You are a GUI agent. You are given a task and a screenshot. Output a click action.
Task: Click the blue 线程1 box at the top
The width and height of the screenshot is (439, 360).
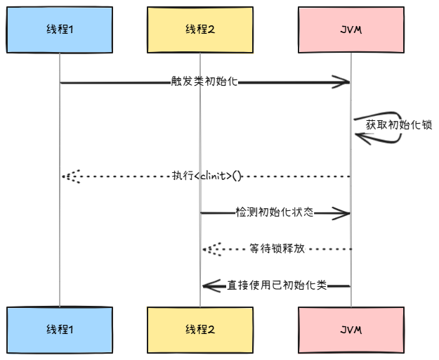[60, 30]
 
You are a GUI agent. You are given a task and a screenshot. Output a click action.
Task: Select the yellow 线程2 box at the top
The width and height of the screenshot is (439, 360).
[199, 30]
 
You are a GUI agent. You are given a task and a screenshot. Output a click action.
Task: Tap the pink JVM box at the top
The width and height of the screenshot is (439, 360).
[350, 30]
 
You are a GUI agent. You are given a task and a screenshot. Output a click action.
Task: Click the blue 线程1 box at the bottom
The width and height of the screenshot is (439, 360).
[60, 329]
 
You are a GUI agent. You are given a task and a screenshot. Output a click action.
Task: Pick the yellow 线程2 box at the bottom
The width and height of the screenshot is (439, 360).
[199, 329]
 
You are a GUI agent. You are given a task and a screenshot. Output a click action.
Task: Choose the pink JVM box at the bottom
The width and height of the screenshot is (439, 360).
[350, 329]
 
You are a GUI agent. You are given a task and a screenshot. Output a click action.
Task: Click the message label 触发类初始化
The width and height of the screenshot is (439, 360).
[204, 82]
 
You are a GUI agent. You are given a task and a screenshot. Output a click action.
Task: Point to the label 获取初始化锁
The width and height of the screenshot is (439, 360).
[398, 124]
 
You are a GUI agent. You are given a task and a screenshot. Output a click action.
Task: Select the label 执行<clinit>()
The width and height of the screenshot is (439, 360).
[207, 176]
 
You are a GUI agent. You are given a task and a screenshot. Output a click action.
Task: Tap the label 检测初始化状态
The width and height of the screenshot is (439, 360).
[275, 212]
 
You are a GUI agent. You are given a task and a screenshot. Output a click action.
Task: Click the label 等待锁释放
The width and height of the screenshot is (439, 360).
[277, 249]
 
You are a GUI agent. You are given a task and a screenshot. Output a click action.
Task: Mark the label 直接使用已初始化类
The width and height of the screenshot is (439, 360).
[277, 285]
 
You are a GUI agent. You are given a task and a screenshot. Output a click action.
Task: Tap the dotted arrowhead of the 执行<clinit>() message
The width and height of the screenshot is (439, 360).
[70, 176]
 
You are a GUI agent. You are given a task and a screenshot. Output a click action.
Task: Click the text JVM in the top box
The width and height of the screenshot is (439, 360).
[350, 30]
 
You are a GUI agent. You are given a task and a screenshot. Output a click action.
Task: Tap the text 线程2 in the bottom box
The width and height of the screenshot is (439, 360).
[199, 329]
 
